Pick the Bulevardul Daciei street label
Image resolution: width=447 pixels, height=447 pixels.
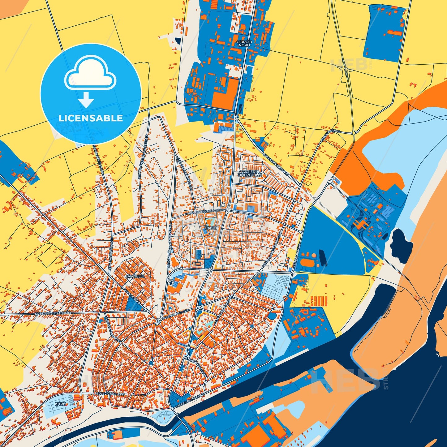pyautogui.click(x=205, y=211)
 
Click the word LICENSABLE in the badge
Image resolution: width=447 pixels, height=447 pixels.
pyautogui.click(x=91, y=118)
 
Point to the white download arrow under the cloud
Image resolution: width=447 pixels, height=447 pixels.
pyautogui.click(x=86, y=100)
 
